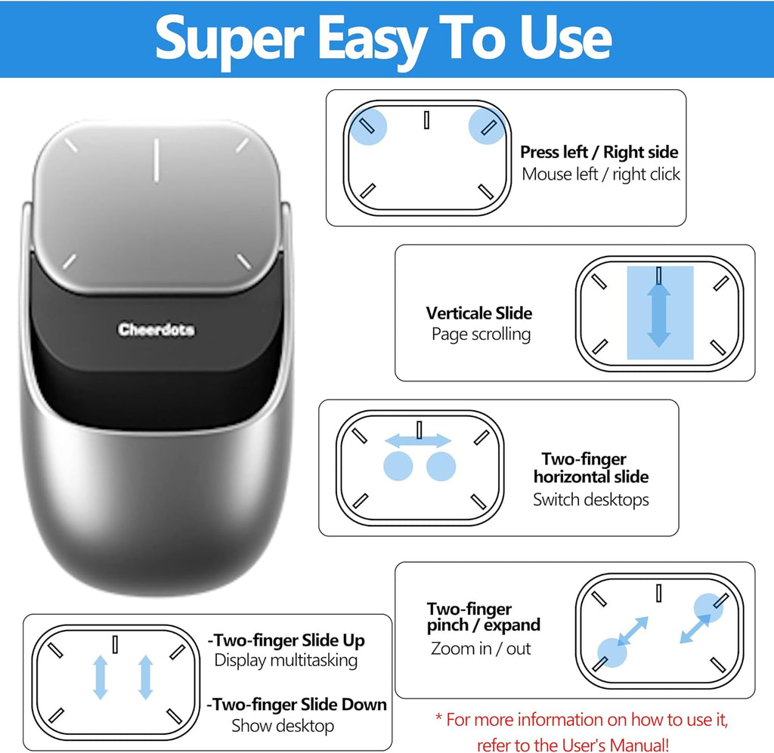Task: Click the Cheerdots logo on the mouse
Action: pyautogui.click(x=156, y=330)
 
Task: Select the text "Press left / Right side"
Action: pyautogui.click(x=599, y=153)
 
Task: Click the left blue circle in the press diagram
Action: pyautogui.click(x=368, y=125)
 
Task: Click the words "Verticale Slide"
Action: pyautogui.click(x=478, y=313)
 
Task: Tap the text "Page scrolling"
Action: pyautogui.click(x=481, y=334)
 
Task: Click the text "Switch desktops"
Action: pyautogui.click(x=590, y=499)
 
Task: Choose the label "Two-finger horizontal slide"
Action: pyautogui.click(x=590, y=468)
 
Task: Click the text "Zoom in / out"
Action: pyautogui.click(x=481, y=648)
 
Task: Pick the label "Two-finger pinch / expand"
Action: pyautogui.click(x=484, y=617)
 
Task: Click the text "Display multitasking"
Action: pyautogui.click(x=286, y=660)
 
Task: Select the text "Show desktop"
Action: pyautogui.click(x=282, y=726)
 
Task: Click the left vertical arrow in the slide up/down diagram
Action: pyautogui.click(x=100, y=677)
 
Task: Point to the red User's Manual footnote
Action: pyautogui.click(x=581, y=731)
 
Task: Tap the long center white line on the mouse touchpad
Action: pyautogui.click(x=156, y=159)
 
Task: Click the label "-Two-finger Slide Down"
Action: pyautogui.click(x=296, y=705)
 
